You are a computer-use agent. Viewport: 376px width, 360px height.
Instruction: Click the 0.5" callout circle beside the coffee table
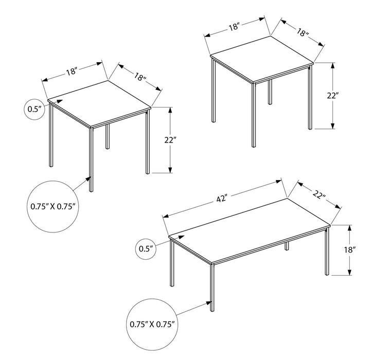[x=147, y=249]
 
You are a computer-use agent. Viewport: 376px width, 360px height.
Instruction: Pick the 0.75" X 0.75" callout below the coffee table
[x=152, y=324]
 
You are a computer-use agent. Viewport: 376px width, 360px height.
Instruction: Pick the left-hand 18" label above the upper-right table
[x=235, y=27]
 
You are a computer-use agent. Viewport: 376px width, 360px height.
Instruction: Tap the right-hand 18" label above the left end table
[x=138, y=78]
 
